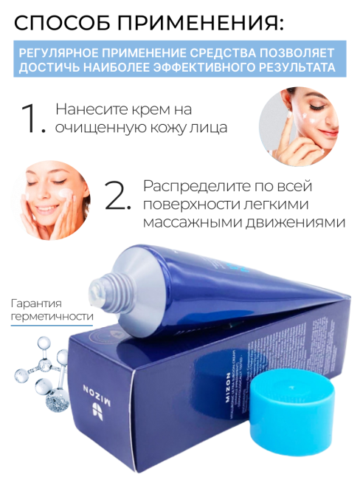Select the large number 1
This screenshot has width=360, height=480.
coord(34,119)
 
